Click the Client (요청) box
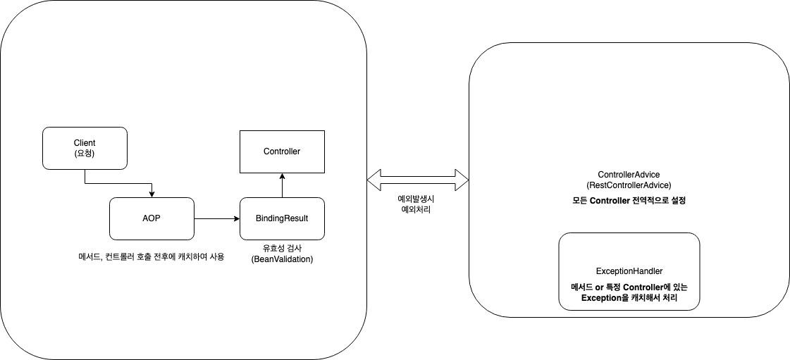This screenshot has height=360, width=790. tap(85, 148)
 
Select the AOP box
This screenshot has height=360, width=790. tap(152, 218)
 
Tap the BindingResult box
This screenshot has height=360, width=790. tap(282, 218)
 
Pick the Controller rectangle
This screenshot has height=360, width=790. tap(282, 151)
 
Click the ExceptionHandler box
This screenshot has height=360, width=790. tap(629, 271)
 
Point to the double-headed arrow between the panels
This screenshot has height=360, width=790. tap(418, 179)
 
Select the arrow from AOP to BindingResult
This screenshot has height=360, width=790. tap(217, 218)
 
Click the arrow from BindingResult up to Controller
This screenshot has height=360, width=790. tap(282, 185)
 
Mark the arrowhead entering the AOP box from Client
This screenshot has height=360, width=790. tap(152, 194)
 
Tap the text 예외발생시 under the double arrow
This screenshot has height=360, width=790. tap(414, 199)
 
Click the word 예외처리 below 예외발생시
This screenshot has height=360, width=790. tap(414, 210)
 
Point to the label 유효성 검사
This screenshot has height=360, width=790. tap(282, 248)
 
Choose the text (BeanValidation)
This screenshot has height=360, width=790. tap(282, 259)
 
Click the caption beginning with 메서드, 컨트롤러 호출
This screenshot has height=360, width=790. tap(148, 256)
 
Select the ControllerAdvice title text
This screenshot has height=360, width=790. tap(629, 174)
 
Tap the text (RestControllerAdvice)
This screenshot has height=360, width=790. tap(629, 185)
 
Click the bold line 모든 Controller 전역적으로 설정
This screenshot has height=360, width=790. tap(629, 200)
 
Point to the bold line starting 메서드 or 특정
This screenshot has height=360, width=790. tap(629, 287)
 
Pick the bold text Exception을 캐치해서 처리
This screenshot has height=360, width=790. tap(629, 297)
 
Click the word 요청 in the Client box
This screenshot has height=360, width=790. tap(85, 153)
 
